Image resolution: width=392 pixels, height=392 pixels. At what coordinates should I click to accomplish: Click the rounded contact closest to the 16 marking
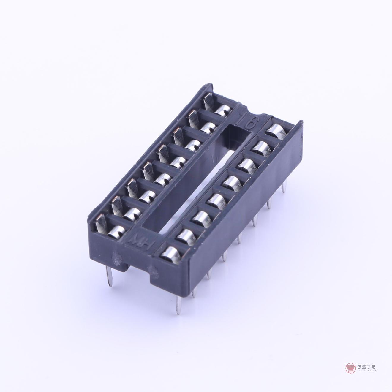273,130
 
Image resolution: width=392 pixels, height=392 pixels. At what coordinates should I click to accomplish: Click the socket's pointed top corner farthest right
301,122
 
